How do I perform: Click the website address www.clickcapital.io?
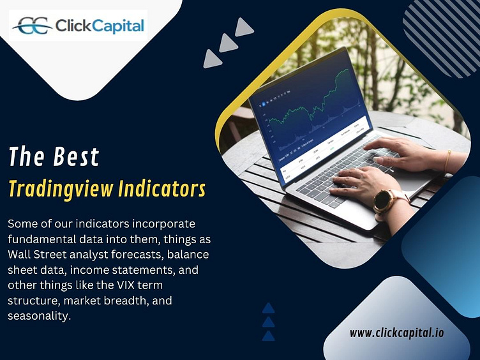397,333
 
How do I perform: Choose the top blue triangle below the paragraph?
269,308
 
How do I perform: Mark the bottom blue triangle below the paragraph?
269,335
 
